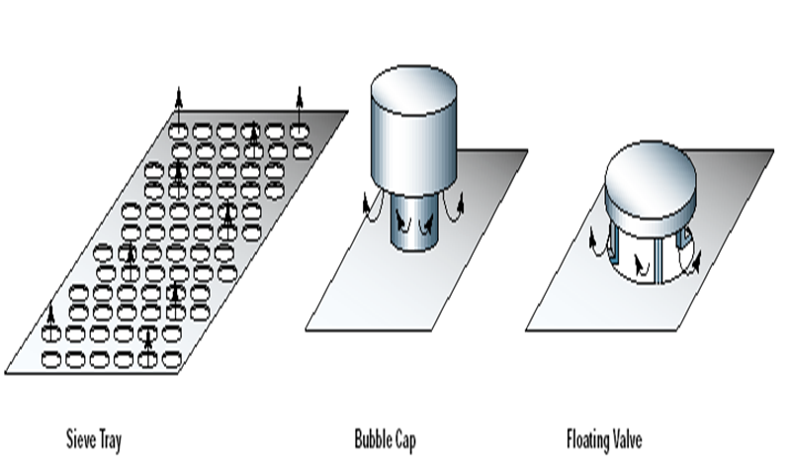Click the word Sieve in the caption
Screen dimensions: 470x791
80,436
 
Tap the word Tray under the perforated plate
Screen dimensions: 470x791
110,436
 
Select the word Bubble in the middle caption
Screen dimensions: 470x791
373,436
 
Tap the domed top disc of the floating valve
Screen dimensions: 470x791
654,178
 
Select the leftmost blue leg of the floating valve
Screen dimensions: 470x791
615,247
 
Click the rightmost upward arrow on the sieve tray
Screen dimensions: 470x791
300,104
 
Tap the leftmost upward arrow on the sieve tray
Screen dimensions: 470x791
51,319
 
